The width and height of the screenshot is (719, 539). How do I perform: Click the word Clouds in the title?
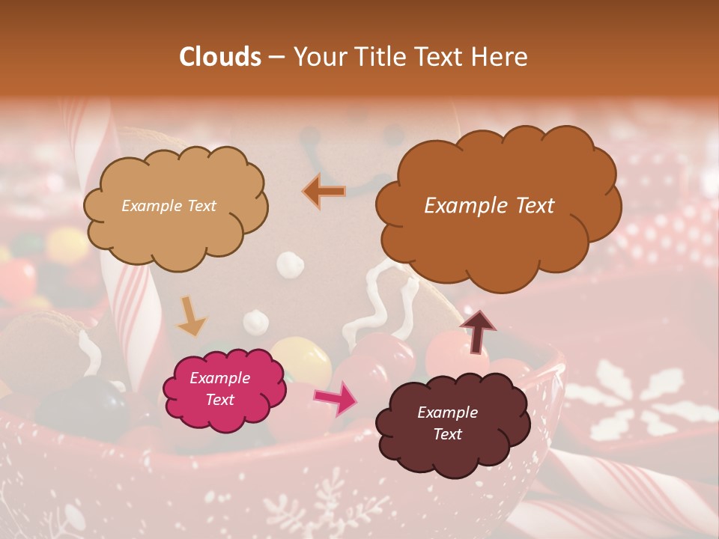click(x=219, y=57)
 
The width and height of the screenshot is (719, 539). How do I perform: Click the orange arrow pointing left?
click(x=325, y=191)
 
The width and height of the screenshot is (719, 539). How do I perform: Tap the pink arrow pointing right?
click(x=336, y=399)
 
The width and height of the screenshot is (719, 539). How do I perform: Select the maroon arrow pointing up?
click(x=477, y=330)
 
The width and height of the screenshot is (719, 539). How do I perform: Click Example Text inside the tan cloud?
click(x=169, y=206)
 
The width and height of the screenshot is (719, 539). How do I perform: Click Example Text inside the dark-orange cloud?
click(x=489, y=206)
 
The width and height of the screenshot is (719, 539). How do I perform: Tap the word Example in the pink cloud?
click(x=219, y=378)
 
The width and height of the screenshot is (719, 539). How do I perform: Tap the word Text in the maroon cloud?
click(x=447, y=434)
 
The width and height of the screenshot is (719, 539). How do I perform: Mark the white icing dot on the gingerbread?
click(x=288, y=263)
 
